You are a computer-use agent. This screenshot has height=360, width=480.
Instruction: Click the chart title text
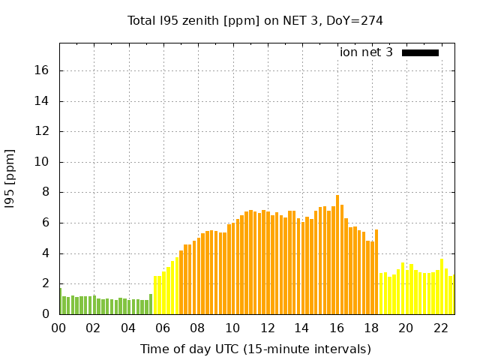pos(255,21)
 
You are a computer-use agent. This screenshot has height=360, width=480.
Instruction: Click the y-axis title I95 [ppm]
pos(10,178)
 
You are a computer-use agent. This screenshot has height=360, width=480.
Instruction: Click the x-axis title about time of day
pos(255,349)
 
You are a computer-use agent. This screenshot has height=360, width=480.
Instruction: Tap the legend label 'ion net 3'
pos(366,52)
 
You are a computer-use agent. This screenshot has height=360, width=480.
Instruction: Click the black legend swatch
pos(420,52)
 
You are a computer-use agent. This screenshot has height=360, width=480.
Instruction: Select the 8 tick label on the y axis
pos(46,192)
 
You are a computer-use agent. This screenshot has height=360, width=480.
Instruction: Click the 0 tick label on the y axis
pos(46,314)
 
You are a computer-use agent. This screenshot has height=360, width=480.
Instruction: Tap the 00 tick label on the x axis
pos(59,328)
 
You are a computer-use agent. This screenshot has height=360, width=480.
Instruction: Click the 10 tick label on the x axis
pos(232,328)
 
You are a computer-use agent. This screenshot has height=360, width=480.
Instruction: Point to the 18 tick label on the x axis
pos(371,328)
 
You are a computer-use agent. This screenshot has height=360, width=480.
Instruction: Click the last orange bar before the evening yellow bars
pos(376,271)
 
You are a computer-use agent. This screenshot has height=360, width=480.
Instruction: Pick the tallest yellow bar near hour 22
pos(442,287)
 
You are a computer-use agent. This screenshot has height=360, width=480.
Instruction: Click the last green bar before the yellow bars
pos(151,304)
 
